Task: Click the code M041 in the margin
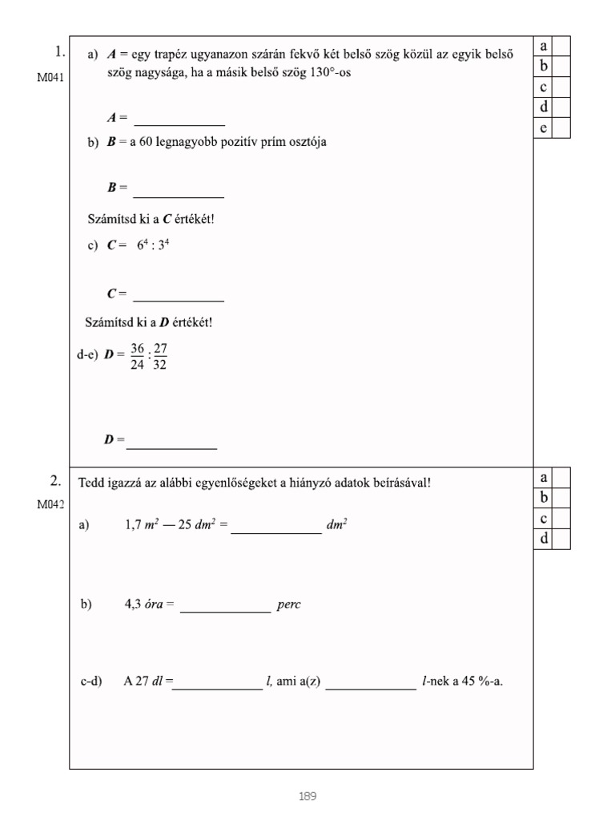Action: [50, 77]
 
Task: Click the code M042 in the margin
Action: [50, 504]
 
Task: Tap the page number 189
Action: [307, 796]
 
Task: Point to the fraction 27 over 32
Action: [160, 358]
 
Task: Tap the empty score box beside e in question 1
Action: [561, 128]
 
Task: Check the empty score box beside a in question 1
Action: [561, 46]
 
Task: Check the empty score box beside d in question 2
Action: [561, 540]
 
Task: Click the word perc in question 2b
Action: [289, 605]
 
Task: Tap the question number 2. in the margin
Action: [56, 481]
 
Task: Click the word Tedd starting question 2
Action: [90, 483]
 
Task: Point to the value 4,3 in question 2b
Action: [132, 605]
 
